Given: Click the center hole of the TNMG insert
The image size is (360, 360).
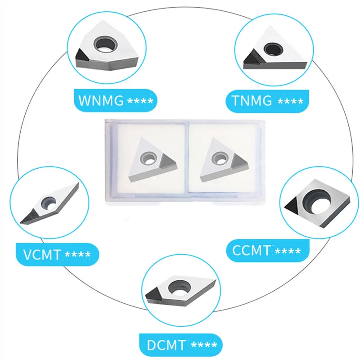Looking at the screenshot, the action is point(271,48).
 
